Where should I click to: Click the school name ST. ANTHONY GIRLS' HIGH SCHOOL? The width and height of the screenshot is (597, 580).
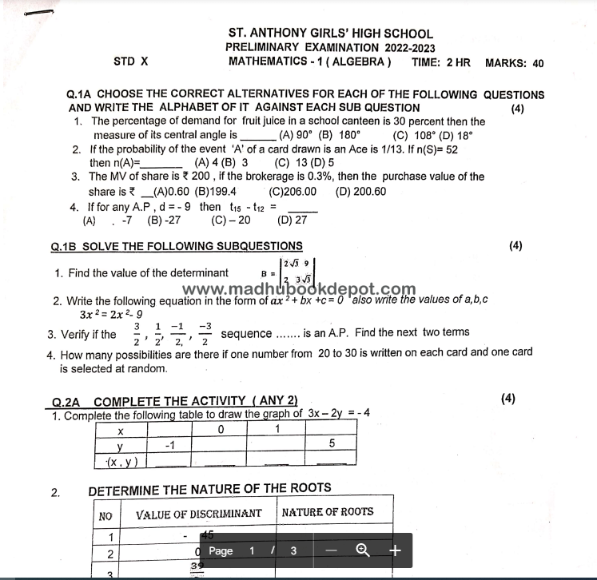[x=330, y=34]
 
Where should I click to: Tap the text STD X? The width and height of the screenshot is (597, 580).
[x=131, y=62]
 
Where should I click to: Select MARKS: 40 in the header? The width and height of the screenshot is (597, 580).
[x=514, y=62]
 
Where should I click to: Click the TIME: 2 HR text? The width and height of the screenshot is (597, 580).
[x=440, y=62]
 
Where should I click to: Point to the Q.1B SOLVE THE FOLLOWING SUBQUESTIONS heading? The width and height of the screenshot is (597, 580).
[x=177, y=246]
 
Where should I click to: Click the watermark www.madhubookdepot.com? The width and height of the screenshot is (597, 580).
[x=299, y=289]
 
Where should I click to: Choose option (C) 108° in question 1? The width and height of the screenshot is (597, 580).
[x=412, y=135]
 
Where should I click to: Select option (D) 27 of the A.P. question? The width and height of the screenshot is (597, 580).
[x=292, y=220]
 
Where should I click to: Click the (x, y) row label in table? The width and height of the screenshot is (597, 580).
[x=122, y=460]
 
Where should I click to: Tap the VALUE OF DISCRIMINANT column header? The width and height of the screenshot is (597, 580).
[x=198, y=513]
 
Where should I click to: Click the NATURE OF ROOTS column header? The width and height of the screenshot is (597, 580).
[x=327, y=512]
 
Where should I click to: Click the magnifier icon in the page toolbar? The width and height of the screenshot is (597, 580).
[x=363, y=550]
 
